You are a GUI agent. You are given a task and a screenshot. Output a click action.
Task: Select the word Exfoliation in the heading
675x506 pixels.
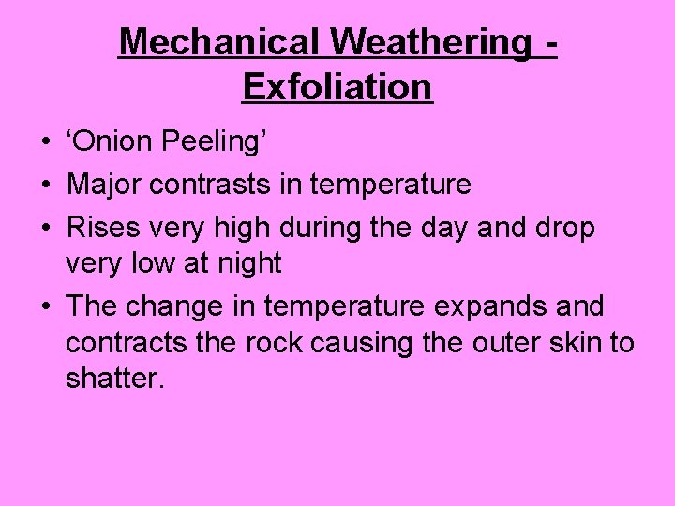pos(337,87)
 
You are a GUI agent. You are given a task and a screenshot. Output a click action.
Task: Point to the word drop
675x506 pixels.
pos(563,226)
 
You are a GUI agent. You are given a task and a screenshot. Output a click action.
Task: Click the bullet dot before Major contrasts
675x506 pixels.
pos(45,186)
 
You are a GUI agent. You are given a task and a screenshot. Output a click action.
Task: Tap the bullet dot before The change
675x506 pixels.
pos(45,306)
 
